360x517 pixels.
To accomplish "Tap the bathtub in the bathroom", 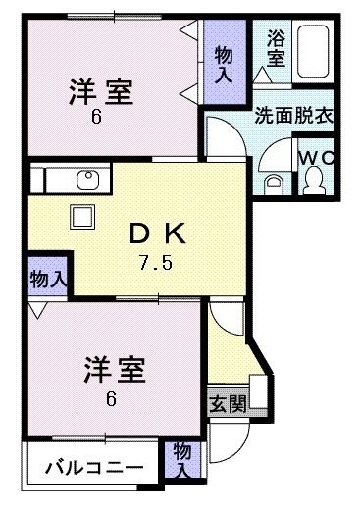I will pos(311,55).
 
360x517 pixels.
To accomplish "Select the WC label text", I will pos(317,157).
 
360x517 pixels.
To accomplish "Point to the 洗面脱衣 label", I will pos(293,113).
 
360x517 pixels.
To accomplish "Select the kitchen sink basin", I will pos(86,181).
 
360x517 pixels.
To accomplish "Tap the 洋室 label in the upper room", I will pos(101,92).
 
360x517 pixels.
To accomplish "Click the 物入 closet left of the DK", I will pos(47,279).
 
